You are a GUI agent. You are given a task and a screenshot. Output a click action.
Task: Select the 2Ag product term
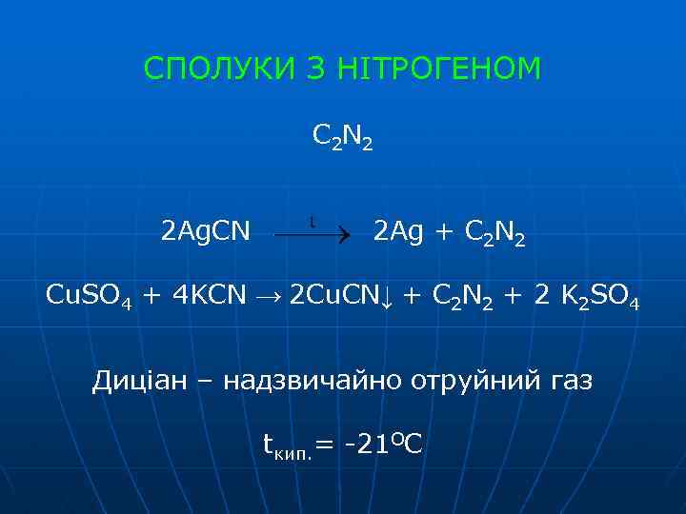pos(401,232)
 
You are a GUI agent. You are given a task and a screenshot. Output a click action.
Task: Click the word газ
pos(571,382)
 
